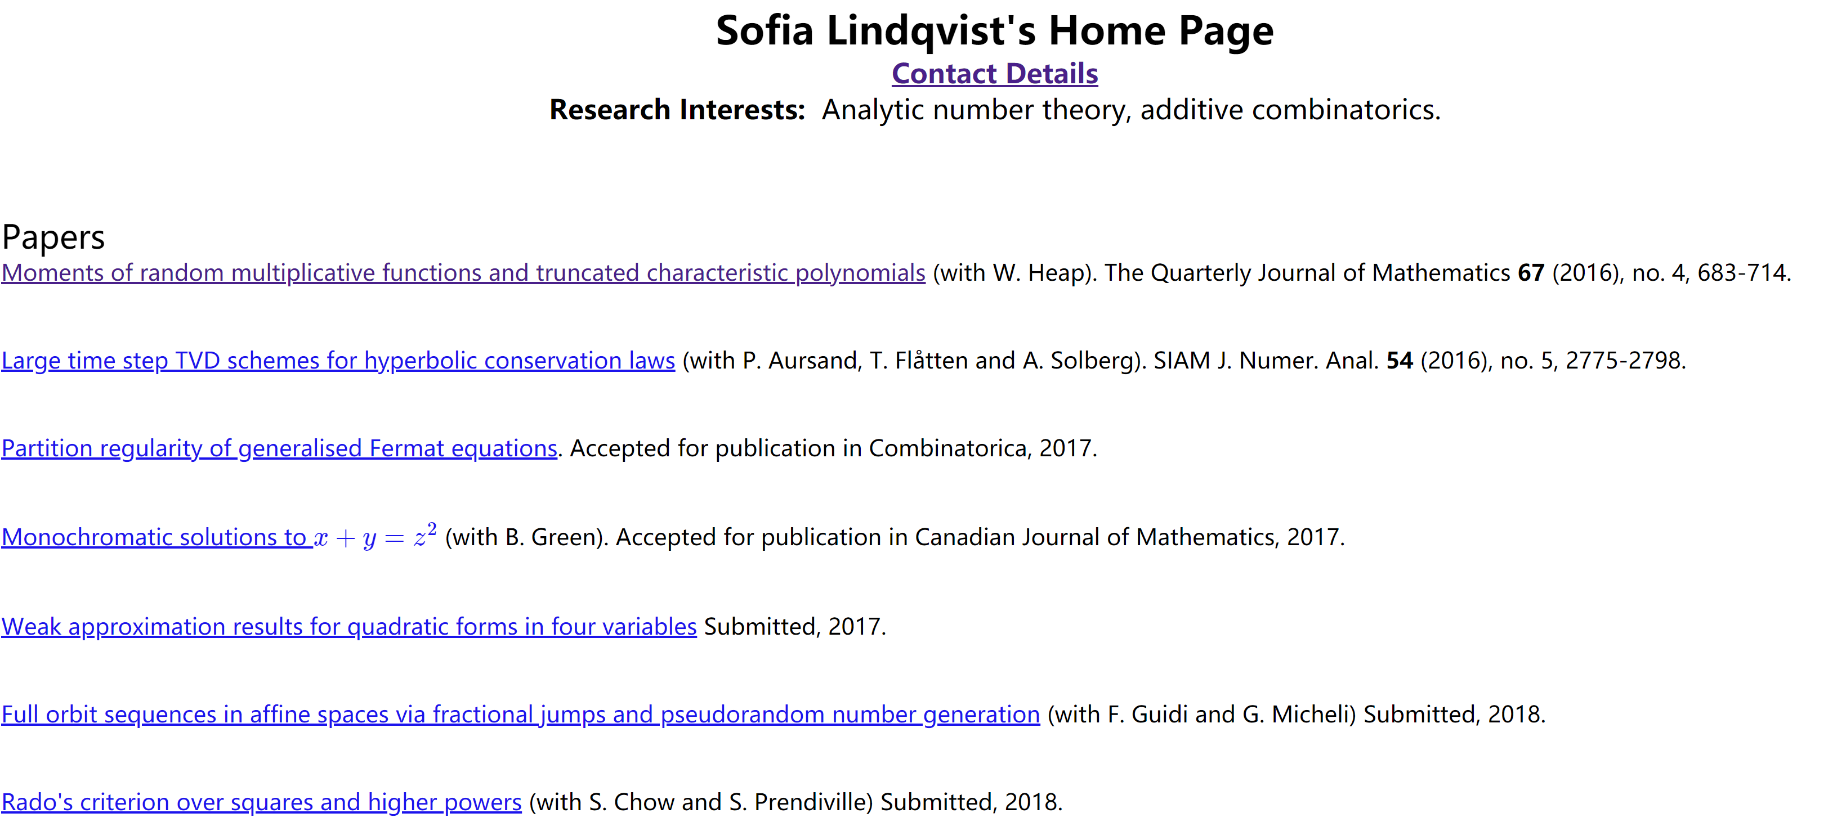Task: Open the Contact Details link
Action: [994, 74]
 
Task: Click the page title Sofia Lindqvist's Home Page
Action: [994, 31]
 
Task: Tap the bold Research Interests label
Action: [677, 110]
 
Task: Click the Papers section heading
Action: [53, 237]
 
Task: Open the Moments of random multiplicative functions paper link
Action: [463, 273]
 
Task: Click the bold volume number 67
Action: [1531, 273]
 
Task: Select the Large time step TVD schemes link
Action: [338, 360]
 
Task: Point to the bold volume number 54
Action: [1400, 360]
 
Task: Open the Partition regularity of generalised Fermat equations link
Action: [279, 448]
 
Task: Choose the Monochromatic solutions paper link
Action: [154, 537]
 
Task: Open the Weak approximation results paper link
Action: [348, 627]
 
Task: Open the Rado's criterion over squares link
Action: [261, 802]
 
